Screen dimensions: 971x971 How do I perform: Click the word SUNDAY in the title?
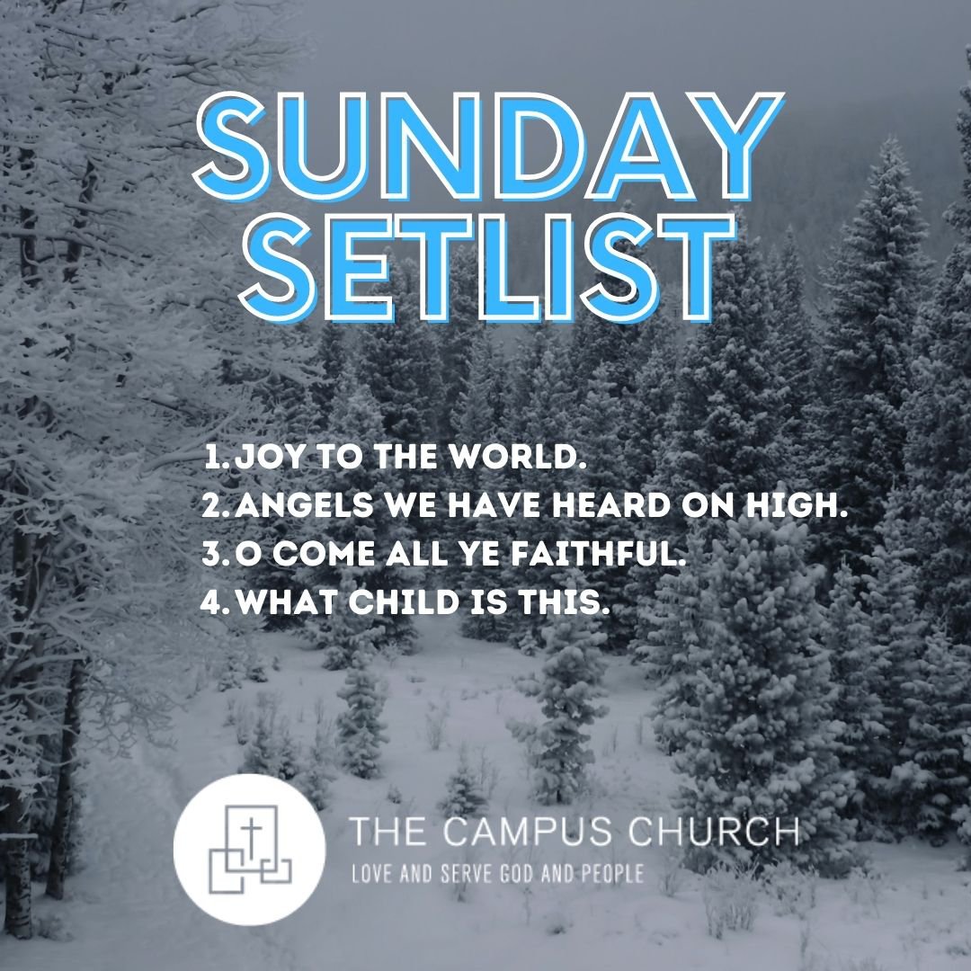click(x=489, y=147)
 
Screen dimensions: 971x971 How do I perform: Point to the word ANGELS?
click(x=304, y=505)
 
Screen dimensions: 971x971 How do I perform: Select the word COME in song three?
click(x=324, y=553)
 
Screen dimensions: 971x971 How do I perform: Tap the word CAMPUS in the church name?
click(x=529, y=831)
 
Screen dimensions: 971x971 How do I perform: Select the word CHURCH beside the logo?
click(x=713, y=831)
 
